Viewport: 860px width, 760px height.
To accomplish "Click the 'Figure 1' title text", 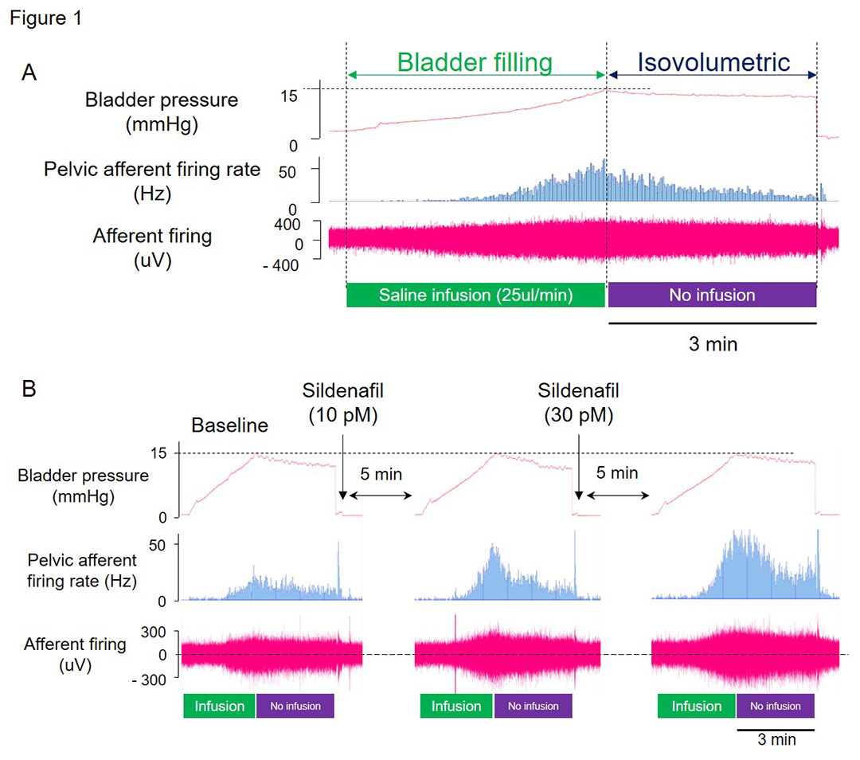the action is pyautogui.click(x=46, y=18).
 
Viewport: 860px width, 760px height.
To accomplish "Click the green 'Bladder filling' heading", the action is pyautogui.click(x=475, y=62).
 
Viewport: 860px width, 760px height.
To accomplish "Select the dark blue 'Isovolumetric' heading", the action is pyautogui.click(x=713, y=62).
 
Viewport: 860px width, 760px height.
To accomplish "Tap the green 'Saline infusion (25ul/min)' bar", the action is pyautogui.click(x=475, y=295).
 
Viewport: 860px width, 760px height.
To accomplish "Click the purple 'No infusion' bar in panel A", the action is pyautogui.click(x=712, y=295).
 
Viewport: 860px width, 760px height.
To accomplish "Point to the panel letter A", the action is pyautogui.click(x=29, y=72).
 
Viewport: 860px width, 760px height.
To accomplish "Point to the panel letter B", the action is pyautogui.click(x=29, y=389).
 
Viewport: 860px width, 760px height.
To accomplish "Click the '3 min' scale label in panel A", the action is pyautogui.click(x=713, y=344).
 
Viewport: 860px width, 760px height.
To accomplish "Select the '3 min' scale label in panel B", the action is pyautogui.click(x=776, y=740).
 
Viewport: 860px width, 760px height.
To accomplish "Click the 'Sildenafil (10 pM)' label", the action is pyautogui.click(x=342, y=403).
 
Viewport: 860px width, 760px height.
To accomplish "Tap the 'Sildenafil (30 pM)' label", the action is pyautogui.click(x=579, y=403).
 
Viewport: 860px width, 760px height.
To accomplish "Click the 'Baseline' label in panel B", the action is pyautogui.click(x=230, y=425).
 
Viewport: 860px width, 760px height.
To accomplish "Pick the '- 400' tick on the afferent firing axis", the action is pyautogui.click(x=281, y=265).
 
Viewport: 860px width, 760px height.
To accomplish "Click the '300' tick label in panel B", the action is pyautogui.click(x=154, y=633).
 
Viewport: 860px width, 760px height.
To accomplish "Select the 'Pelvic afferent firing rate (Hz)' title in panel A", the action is pyautogui.click(x=152, y=181).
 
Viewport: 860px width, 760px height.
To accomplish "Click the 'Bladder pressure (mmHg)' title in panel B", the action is pyautogui.click(x=83, y=486).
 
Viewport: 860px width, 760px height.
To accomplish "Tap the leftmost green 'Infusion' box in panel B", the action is pyautogui.click(x=220, y=706).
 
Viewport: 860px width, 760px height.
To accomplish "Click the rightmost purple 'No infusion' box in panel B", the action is pyautogui.click(x=775, y=706).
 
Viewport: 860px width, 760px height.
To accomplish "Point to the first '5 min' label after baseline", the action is pyautogui.click(x=381, y=474).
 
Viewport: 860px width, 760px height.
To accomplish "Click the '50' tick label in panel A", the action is pyautogui.click(x=287, y=172).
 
